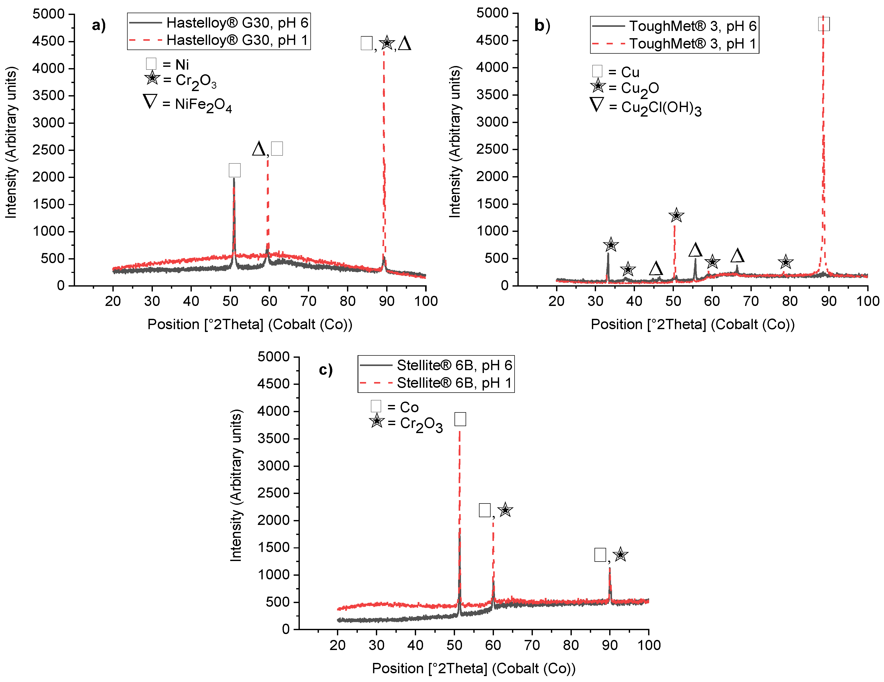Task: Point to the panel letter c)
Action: (325, 369)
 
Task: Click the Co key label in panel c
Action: (409, 407)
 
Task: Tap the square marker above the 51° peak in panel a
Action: (234, 170)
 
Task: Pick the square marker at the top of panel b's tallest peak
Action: (824, 24)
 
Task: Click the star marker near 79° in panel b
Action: (785, 262)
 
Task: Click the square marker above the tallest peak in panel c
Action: (460, 419)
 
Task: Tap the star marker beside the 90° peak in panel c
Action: (620, 554)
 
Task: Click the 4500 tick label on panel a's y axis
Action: (48, 41)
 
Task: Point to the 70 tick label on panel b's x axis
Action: (751, 301)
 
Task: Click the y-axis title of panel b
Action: (455, 142)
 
